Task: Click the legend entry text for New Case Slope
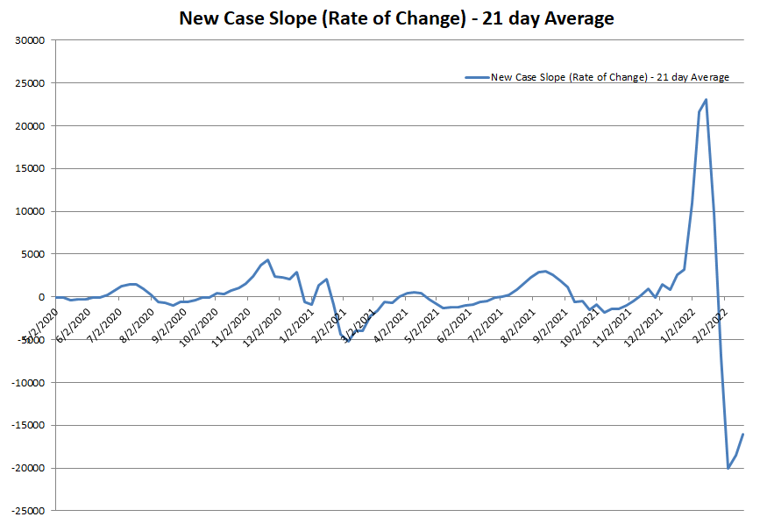coord(609,77)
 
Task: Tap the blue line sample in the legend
coord(476,77)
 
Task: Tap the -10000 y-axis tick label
coord(28,383)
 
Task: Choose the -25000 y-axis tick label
coord(28,511)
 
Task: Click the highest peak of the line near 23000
coord(707,100)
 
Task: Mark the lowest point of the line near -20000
coord(728,468)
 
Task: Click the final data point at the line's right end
coord(743,434)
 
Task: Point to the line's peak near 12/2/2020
coord(268,260)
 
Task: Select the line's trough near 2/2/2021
coord(348,341)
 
